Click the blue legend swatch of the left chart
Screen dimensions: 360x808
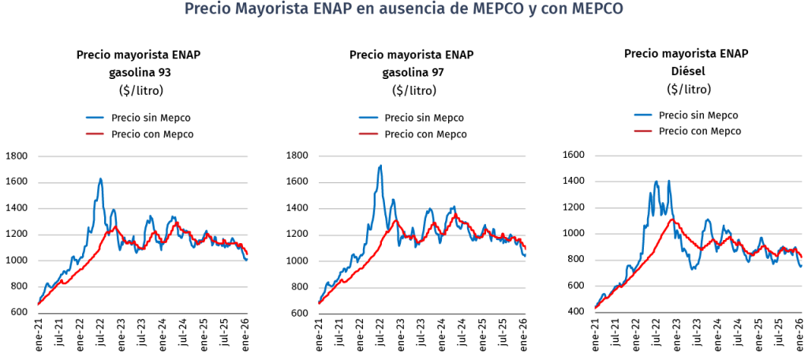coord(95,118)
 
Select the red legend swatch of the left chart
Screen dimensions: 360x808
coord(95,134)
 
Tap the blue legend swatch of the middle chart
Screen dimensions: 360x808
coord(368,118)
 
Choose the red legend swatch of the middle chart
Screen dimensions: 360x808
coord(368,134)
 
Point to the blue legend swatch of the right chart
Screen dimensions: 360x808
coord(643,115)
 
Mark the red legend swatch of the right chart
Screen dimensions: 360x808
coord(643,130)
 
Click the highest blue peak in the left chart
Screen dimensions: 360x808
coord(101,178)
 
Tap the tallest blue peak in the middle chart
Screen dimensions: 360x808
coord(380,166)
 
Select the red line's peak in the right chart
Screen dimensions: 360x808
coord(672,219)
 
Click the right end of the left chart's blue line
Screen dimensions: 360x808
coord(247,260)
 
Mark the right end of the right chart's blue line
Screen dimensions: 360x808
coord(801,267)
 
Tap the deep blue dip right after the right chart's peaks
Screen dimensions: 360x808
coord(693,268)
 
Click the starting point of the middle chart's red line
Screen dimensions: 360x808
coord(319,302)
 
